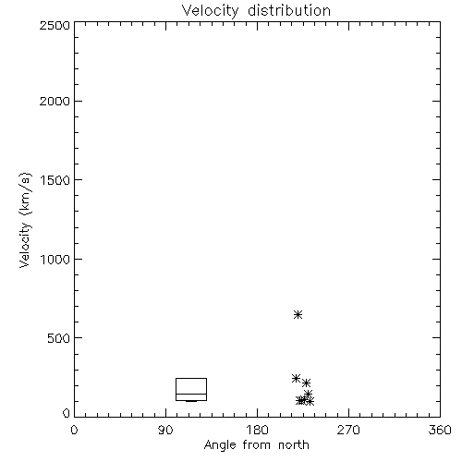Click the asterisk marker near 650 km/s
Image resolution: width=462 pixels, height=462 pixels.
click(x=298, y=314)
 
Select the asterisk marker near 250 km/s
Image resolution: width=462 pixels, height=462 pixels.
click(x=296, y=378)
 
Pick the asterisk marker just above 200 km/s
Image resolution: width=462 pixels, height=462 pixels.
click(x=306, y=383)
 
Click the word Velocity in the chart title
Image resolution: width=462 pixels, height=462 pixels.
click(x=210, y=11)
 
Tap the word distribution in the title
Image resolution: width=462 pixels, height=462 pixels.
click(x=289, y=10)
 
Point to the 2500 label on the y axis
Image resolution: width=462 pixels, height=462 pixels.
click(x=55, y=25)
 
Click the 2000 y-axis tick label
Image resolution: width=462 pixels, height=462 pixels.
click(x=55, y=101)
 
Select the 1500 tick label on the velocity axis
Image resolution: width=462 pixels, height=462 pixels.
click(x=55, y=180)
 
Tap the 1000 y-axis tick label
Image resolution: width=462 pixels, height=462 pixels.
click(x=55, y=260)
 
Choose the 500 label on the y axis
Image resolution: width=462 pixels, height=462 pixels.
click(x=59, y=338)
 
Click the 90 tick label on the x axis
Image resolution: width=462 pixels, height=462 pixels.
click(x=165, y=430)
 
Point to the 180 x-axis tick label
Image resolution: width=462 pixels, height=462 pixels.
click(x=257, y=430)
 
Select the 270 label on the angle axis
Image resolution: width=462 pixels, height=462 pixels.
click(x=348, y=430)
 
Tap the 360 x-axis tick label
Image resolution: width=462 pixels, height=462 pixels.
click(x=440, y=430)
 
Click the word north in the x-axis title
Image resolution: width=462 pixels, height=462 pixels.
click(x=294, y=445)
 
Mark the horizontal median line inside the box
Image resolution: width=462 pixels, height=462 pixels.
click(x=191, y=394)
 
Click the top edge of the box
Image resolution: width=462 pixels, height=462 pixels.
click(x=191, y=378)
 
